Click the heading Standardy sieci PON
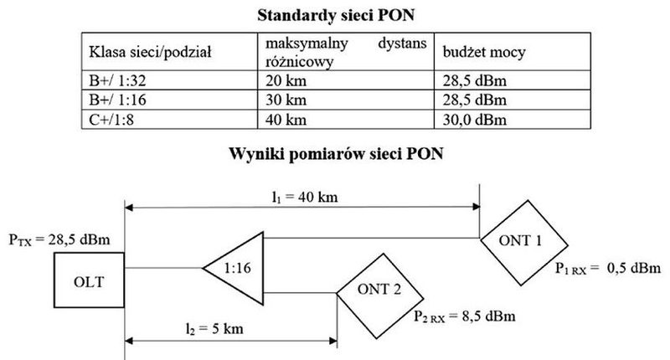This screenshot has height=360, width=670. pos(336,15)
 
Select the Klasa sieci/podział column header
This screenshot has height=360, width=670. pos(150,53)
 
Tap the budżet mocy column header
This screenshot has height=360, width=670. pos(484,53)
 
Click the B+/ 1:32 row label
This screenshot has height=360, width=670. pos(117,80)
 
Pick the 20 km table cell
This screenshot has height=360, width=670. pos(286,80)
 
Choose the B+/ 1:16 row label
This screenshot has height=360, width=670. pos(117,100)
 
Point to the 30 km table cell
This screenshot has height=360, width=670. pos(286,100)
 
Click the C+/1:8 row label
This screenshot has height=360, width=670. pos(111,120)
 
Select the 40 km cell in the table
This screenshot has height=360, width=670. pos(286,120)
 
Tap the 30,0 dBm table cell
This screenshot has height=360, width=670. pos(474,120)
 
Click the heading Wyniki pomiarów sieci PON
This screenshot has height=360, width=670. pos(336,154)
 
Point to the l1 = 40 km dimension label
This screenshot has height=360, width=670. pos(305,197)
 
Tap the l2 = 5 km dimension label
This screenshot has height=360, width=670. pos(214,329)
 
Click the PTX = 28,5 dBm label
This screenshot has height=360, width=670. pos(59,239)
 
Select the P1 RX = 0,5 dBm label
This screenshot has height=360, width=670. pos(608,268)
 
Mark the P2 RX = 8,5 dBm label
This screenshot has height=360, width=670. pos(465,316)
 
